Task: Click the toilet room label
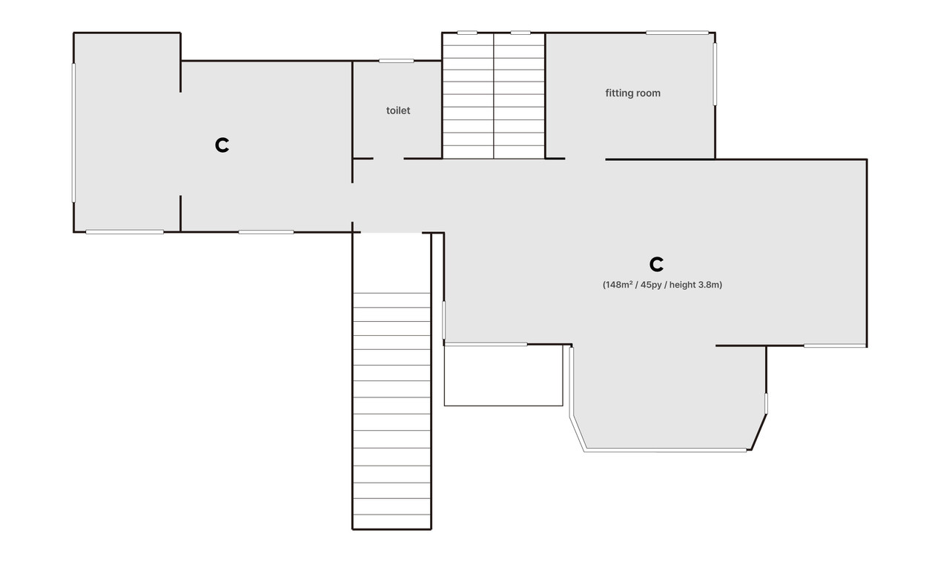[398, 110]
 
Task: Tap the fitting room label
[632, 93]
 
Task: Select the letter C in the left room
[222, 145]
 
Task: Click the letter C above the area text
[656, 265]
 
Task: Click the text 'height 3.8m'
[695, 285]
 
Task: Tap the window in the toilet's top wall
[396, 61]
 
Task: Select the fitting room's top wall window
[677, 33]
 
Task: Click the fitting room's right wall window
[715, 74]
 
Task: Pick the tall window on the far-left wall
[73, 133]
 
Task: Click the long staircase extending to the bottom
[392, 410]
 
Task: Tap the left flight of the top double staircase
[468, 96]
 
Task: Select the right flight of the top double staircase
[519, 96]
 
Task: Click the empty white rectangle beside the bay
[503, 375]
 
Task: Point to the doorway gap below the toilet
[388, 159]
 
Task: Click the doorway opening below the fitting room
[585, 159]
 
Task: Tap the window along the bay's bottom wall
[665, 450]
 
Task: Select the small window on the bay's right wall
[766, 403]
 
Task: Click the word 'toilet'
[398, 110]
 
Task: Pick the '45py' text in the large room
[651, 285]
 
